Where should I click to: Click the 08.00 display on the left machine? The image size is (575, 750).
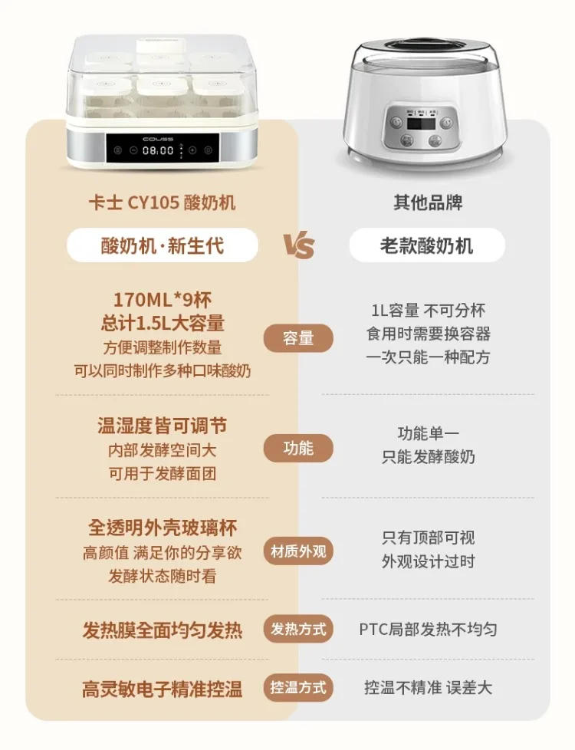tap(159, 151)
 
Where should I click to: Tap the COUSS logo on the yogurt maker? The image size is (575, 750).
tap(159, 139)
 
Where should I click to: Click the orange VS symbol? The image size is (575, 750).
tap(299, 246)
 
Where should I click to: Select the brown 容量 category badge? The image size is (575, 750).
tap(298, 337)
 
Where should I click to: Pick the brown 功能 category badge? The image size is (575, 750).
tap(298, 448)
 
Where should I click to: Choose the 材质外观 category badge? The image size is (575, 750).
tap(298, 551)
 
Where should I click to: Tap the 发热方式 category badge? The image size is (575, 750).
tap(298, 630)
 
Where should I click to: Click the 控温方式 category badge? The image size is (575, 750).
tap(298, 687)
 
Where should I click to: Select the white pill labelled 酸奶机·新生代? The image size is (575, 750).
tap(162, 245)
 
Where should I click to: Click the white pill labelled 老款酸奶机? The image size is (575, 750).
tap(426, 245)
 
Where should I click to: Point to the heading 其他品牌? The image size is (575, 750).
tap(428, 202)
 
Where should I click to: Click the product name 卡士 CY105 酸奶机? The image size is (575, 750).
tap(162, 202)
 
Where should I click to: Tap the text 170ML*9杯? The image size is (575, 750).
tap(161, 299)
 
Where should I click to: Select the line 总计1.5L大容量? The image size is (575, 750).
tap(161, 323)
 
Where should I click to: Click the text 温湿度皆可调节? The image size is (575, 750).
tap(162, 426)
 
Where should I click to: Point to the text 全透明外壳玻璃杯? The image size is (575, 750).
tap(162, 528)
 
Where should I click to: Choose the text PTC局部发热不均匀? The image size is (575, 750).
tap(428, 630)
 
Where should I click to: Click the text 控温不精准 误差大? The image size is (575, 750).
tap(428, 688)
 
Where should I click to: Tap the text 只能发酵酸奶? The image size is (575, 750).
tap(428, 457)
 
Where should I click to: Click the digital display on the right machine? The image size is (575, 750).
tap(418, 123)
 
